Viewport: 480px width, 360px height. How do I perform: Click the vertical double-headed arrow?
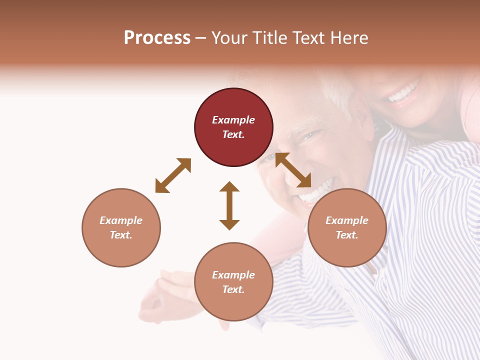click(x=229, y=205)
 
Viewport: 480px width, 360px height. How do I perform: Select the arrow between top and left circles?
click(x=173, y=175)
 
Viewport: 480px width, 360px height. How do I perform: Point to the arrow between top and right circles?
click(x=293, y=170)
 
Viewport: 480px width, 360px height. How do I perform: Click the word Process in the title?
click(x=157, y=37)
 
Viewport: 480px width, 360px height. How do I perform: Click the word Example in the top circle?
click(x=233, y=120)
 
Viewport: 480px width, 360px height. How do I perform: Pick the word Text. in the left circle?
click(x=121, y=235)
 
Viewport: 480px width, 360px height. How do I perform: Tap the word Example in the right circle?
click(x=347, y=220)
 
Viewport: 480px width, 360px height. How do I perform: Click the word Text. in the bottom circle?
click(x=233, y=289)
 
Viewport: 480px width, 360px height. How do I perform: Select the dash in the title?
click(x=201, y=38)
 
